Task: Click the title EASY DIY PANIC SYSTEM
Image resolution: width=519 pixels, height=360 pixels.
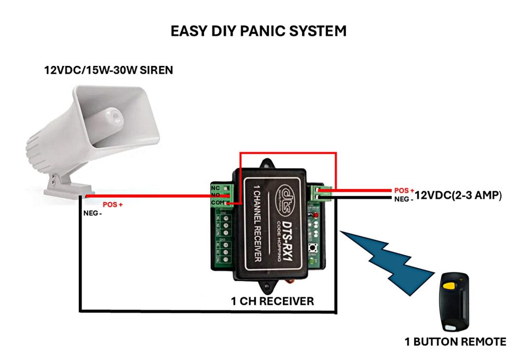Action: click(258, 31)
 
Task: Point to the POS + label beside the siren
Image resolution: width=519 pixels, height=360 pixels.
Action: click(112, 205)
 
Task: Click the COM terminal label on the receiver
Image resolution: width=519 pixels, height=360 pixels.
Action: click(217, 203)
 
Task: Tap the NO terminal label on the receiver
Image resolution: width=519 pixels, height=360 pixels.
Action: click(215, 195)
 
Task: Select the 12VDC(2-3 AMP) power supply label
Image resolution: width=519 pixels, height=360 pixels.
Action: click(457, 196)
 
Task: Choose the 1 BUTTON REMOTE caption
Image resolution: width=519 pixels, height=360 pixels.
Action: click(455, 341)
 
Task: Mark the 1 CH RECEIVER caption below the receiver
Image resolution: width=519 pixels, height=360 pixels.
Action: click(272, 301)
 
